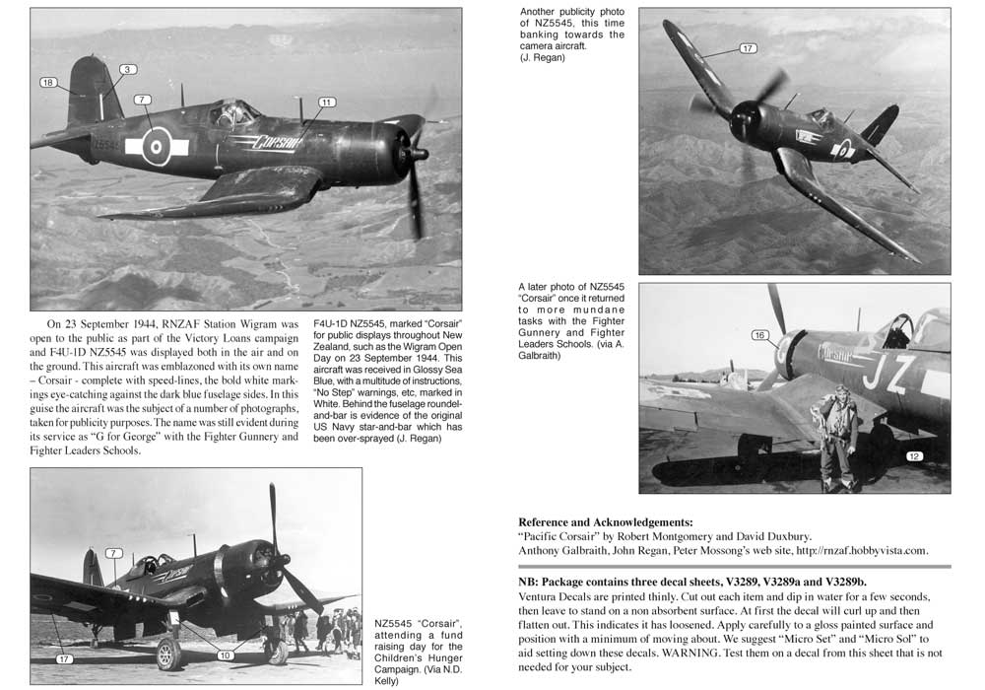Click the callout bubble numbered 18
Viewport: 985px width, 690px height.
47,82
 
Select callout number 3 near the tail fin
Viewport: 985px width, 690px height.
128,69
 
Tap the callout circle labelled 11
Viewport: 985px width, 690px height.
327,102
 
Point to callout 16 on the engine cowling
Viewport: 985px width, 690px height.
758,335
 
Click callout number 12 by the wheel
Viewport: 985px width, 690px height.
913,455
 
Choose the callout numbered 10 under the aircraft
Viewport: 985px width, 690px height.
226,655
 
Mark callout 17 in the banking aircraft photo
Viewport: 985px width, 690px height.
747,48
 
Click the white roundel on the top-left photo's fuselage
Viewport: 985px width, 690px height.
157,147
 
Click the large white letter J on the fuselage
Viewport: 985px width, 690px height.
874,372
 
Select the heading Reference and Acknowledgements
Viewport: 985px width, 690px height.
605,521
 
